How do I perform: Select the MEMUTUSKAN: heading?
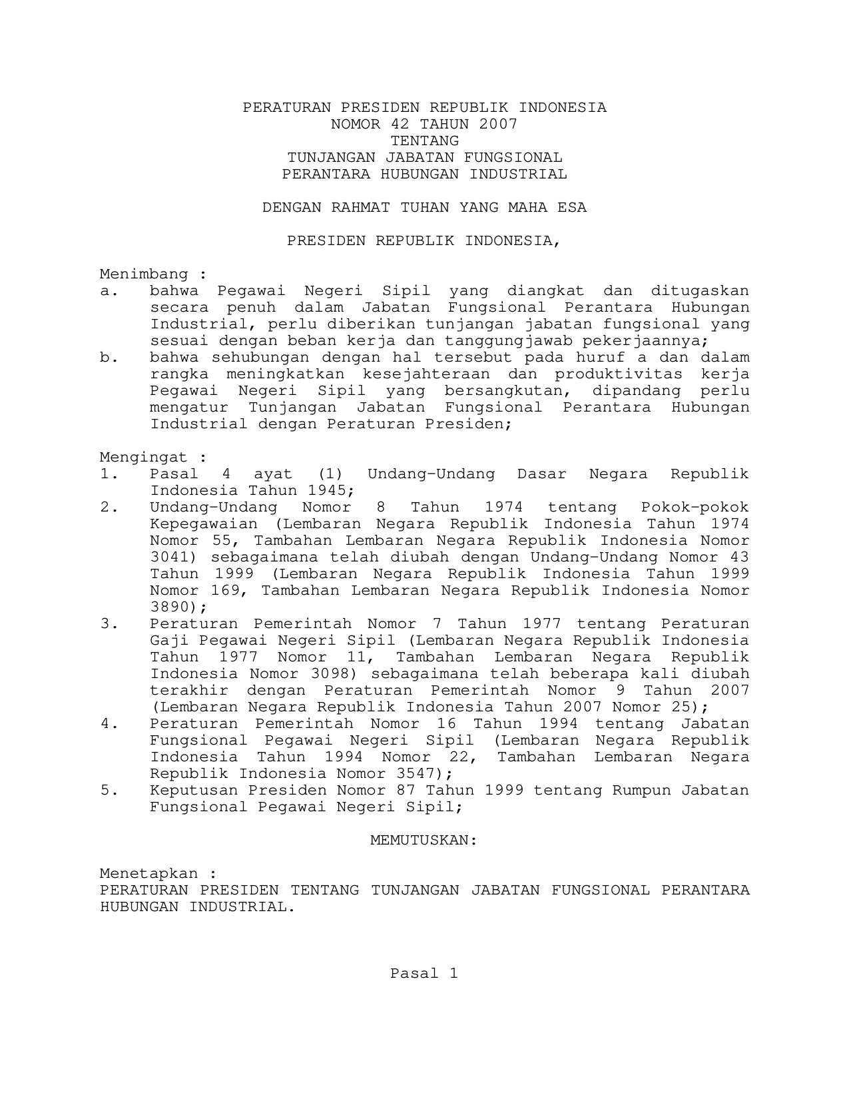[x=424, y=840]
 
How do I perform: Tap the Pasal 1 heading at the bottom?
[x=424, y=973]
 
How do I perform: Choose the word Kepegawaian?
[x=194, y=524]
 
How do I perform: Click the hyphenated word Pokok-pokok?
[x=695, y=507]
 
